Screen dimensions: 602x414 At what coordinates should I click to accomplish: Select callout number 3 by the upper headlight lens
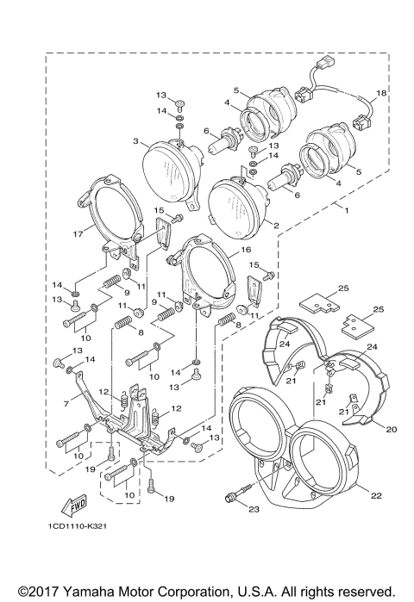(135, 140)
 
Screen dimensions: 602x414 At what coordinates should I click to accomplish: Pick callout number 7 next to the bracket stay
(66, 403)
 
